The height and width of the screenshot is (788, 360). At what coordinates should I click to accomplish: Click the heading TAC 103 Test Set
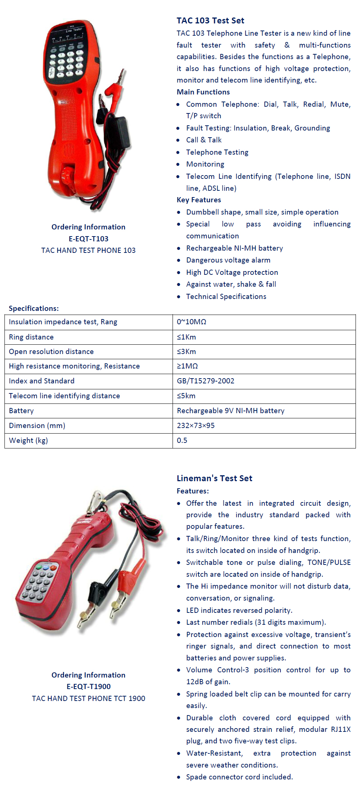point(210,21)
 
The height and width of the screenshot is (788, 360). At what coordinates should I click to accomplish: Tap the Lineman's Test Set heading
point(214,478)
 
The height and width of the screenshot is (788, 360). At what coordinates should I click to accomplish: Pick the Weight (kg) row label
point(28,441)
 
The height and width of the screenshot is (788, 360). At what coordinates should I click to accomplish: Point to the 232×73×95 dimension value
point(196,426)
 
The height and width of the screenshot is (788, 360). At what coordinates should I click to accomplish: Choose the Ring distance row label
point(31,337)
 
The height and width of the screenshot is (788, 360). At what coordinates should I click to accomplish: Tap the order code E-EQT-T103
point(89,239)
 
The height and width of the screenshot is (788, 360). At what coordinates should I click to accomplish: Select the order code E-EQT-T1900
point(89,686)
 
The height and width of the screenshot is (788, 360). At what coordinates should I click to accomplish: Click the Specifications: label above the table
point(33,308)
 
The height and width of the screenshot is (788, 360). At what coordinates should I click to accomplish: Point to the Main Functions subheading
point(203,92)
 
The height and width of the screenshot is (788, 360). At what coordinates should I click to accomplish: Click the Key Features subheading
point(199,200)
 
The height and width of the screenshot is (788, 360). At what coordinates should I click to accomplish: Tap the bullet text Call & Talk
point(204,140)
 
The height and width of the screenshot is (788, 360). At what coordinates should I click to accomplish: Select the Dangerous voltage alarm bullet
point(228,260)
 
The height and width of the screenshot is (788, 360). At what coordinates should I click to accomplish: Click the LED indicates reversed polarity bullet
point(239,610)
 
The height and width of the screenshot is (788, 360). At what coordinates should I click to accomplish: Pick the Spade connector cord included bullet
point(239,777)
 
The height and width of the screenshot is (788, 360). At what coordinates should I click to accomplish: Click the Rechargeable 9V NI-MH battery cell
point(231,411)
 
